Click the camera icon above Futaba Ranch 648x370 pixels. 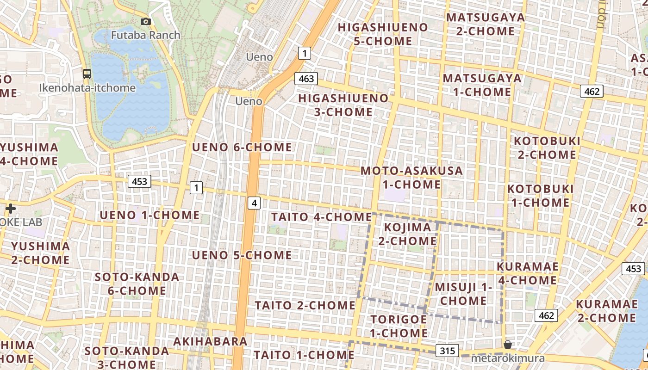tap(145, 21)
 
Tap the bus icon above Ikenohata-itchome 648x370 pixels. tap(87, 74)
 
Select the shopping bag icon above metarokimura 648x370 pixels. tap(508, 345)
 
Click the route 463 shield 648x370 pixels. tap(306, 79)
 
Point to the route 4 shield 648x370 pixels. tap(254, 202)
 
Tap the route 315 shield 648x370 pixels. tap(447, 351)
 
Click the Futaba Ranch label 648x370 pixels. tap(146, 35)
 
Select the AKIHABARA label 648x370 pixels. tap(210, 341)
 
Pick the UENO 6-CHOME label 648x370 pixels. tap(242, 148)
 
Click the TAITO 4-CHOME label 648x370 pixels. tap(322, 217)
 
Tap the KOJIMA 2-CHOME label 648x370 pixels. tap(407, 234)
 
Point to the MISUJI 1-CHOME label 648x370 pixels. tap(463, 294)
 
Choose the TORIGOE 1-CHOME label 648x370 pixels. tap(399, 326)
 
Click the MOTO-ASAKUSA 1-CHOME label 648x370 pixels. tap(412, 177)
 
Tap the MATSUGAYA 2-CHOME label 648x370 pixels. tap(486, 25)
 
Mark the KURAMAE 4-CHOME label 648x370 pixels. tap(528, 273)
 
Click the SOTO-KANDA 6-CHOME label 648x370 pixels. tap(137, 284)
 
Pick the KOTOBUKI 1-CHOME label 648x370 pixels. tap(540, 196)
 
